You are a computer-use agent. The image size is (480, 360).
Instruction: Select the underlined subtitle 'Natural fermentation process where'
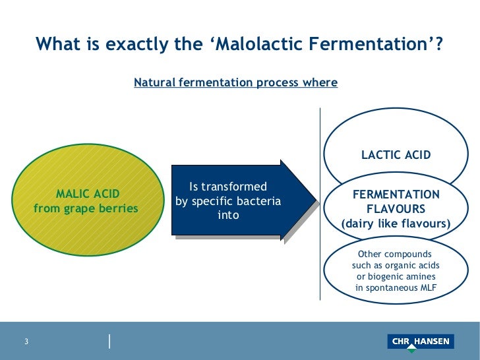coord(235,83)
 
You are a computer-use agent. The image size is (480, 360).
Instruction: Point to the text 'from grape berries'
coord(86,209)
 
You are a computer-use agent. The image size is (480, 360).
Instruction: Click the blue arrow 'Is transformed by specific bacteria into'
coord(235,201)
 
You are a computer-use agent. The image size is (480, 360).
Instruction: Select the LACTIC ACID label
coord(396,156)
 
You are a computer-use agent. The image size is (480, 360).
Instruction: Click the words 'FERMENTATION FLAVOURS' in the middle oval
coord(396,202)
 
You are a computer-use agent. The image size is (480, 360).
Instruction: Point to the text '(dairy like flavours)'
coord(396,224)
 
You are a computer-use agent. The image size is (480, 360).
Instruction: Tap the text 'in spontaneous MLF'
coord(396,288)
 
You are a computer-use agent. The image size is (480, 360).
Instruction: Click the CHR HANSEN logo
coord(420,342)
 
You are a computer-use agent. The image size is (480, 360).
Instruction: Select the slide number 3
coord(26,342)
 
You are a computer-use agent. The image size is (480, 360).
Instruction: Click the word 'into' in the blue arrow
coord(228,216)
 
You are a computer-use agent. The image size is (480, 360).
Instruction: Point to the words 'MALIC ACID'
coord(88,194)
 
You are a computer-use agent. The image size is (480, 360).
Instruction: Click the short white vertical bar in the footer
coord(109,341)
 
